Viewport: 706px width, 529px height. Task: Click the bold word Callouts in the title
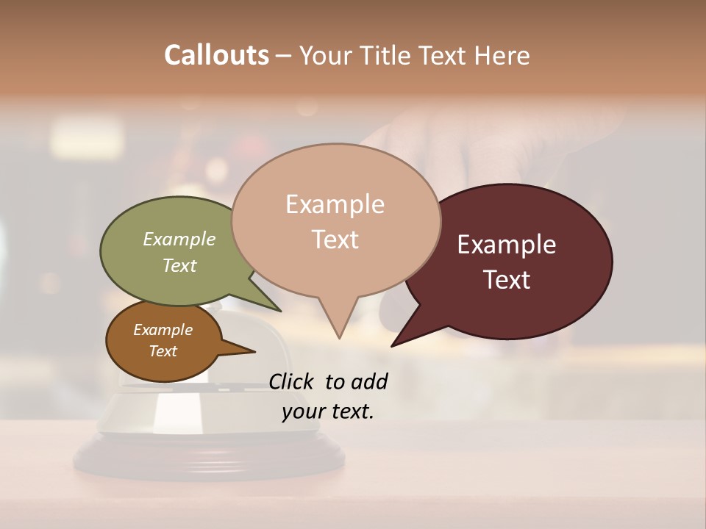[x=216, y=55]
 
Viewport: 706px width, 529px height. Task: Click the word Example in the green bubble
[x=179, y=239]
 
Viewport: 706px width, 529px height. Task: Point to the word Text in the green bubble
[x=179, y=265]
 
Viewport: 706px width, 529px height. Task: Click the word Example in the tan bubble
[x=335, y=204]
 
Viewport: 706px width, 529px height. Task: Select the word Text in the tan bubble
[x=335, y=240]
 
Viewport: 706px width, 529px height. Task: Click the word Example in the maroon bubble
[x=507, y=245]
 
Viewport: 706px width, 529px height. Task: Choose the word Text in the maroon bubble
[x=507, y=280]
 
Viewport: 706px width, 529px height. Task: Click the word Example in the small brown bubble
[x=163, y=330]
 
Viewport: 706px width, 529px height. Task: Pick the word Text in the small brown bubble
[x=163, y=351]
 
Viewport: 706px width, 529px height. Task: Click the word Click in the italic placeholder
[x=292, y=381]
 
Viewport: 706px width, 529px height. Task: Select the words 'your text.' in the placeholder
[x=328, y=411]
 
